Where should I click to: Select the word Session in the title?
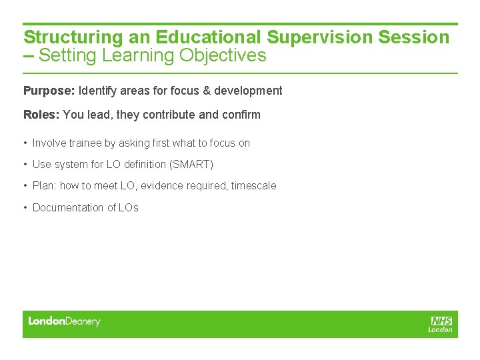pyautogui.click(x=414, y=37)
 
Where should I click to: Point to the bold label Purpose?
pyautogui.click(x=49, y=91)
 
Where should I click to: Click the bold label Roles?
pyautogui.click(x=41, y=115)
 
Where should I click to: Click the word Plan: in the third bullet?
pyautogui.click(x=45, y=186)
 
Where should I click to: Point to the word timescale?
pyautogui.click(x=253, y=186)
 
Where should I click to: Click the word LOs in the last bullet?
pyautogui.click(x=128, y=208)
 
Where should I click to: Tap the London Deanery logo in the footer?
pyautogui.click(x=64, y=321)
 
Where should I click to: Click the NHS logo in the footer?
pyautogui.click(x=441, y=323)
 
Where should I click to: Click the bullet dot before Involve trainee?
pyautogui.click(x=25, y=143)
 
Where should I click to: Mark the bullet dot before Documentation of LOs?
pyautogui.click(x=25, y=208)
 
